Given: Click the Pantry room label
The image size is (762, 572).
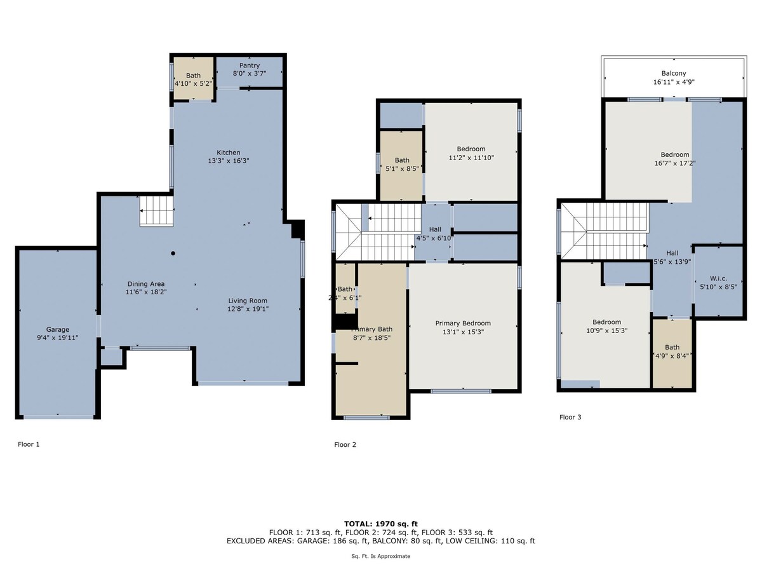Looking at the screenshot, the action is click(250, 65).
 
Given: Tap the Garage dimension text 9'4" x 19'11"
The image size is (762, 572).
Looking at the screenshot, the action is click(58, 337).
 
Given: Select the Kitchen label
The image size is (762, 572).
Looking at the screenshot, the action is click(229, 153).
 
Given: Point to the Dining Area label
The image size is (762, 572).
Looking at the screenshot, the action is click(146, 284).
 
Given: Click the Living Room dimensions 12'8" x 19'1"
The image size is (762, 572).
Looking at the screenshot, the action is click(248, 309).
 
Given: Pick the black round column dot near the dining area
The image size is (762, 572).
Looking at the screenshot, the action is click(173, 253).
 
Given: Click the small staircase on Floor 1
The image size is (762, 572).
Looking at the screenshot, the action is click(157, 211).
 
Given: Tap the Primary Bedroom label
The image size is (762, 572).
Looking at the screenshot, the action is click(463, 323).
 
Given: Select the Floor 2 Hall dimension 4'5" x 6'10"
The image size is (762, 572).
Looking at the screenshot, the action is click(434, 238).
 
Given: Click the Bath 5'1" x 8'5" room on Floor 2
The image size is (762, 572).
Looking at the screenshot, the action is click(401, 165).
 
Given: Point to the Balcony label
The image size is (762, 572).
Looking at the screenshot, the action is click(674, 73).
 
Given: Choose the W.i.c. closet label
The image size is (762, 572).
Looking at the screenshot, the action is click(718, 278).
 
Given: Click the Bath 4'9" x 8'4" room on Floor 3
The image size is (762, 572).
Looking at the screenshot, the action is click(672, 353).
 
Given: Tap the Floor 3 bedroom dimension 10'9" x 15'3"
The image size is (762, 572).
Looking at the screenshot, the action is click(607, 330).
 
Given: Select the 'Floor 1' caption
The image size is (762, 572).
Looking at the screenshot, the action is click(29, 444).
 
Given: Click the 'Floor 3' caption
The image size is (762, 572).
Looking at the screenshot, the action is click(570, 417).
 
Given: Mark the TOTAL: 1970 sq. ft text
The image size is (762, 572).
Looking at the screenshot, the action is click(381, 524).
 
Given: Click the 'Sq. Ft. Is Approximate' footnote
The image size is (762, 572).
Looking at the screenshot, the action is click(381, 556).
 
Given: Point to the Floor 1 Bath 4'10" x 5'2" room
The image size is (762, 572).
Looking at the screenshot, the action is click(194, 78).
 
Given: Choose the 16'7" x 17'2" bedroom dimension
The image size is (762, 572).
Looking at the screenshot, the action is click(675, 163).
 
